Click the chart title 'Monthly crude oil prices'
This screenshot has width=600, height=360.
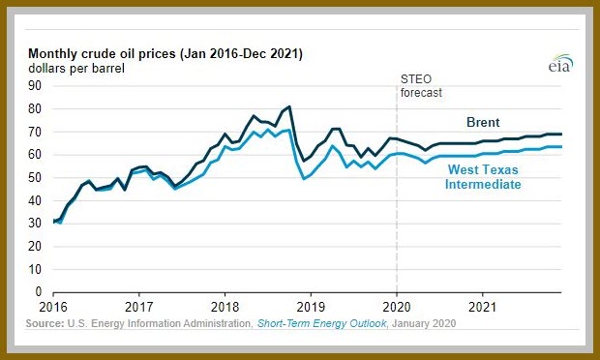point(103,54)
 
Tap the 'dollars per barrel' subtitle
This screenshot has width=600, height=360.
point(76,69)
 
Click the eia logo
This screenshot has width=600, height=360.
point(561,64)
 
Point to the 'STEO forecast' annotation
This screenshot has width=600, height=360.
point(421,86)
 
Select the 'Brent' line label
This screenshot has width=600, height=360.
point(483,123)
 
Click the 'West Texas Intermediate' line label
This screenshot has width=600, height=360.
point(483,177)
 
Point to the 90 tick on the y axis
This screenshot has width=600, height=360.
point(35,86)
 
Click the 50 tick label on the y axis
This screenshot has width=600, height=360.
point(35,177)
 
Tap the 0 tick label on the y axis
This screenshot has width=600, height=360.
point(39,292)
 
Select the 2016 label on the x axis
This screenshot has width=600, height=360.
point(53,307)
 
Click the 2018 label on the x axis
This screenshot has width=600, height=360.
point(225,307)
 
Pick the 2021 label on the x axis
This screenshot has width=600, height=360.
point(483,307)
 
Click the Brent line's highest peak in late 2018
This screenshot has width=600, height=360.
point(289,106)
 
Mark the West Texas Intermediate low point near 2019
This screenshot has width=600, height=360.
point(304,179)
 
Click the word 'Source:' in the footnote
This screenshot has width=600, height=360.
point(45,323)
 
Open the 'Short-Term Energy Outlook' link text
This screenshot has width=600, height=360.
point(322,323)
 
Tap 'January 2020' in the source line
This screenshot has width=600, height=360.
point(424,323)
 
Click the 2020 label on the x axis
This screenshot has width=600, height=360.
point(397,307)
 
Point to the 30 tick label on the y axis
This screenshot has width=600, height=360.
point(35,224)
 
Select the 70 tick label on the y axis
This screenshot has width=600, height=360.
point(35,132)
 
